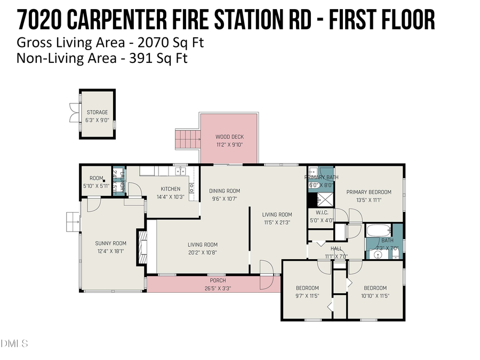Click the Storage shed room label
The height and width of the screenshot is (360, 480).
(97, 113)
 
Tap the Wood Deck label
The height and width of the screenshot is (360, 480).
(229, 137)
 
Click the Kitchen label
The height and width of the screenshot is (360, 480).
(171, 189)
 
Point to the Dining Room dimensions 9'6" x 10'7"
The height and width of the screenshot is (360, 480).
(224, 199)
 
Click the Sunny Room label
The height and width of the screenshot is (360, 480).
(111, 243)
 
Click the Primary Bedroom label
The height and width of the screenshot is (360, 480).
(369, 192)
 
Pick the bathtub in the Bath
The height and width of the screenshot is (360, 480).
(379, 230)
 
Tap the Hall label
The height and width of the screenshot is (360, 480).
(336, 249)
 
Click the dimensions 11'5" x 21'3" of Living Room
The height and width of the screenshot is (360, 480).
(277, 223)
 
